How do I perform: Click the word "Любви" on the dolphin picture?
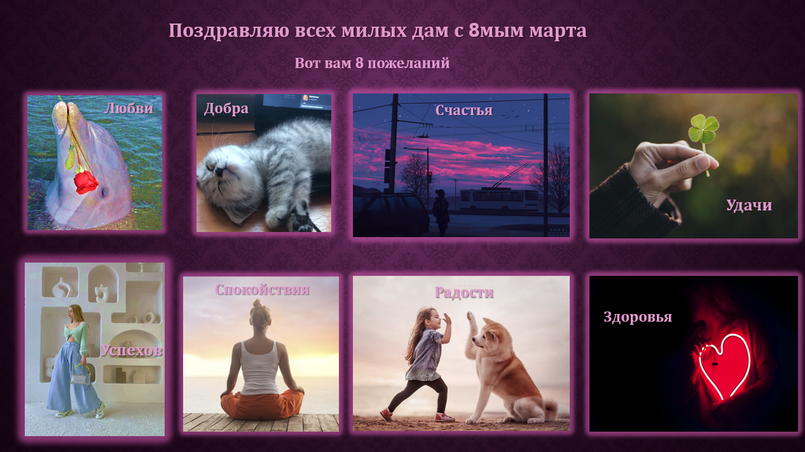click(128, 109)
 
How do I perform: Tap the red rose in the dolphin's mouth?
click(86, 182)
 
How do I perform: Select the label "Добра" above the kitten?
click(226, 109)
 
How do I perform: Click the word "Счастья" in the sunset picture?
click(464, 111)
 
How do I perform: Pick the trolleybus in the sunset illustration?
click(499, 199)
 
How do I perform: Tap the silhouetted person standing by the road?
click(441, 212)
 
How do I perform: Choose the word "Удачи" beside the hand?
click(749, 205)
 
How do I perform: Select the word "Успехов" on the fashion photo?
click(131, 350)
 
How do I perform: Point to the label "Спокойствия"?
click(263, 290)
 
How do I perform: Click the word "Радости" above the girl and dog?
click(464, 292)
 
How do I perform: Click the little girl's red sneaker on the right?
click(444, 418)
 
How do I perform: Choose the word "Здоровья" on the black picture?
click(638, 317)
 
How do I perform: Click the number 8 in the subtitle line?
click(359, 63)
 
